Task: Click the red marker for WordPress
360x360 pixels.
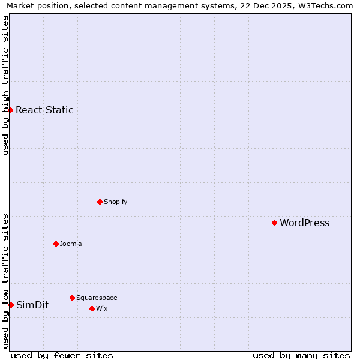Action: pos(274,223)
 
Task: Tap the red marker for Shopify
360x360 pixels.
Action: pos(100,202)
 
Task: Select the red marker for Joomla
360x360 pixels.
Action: pos(56,244)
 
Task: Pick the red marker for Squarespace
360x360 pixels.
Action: pos(72,298)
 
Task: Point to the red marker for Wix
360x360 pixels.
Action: pos(92,308)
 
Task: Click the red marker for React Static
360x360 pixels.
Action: pos(10,110)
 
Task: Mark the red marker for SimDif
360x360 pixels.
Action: pos(11,305)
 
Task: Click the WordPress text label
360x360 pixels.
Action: pos(304,223)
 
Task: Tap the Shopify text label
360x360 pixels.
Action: pos(115,202)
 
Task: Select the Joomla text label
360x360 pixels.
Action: pos(71,244)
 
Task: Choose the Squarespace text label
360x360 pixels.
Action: pos(97,298)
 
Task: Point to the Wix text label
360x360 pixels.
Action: pos(101,308)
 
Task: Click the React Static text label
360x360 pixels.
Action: pos(44,110)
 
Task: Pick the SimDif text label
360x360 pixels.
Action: pos(32,305)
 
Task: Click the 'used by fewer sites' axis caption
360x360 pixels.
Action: pos(62,355)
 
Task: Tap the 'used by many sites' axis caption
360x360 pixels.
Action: pos(301,355)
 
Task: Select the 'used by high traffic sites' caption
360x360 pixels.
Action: pos(5,85)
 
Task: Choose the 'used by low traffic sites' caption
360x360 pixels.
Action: pos(5,281)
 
